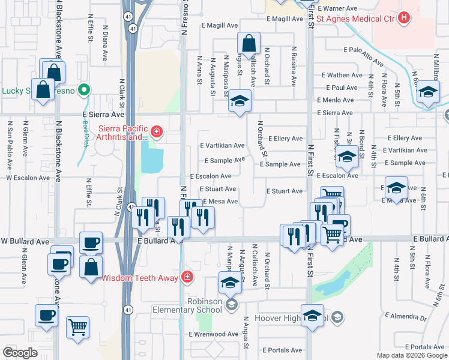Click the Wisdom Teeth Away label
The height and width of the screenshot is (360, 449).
click(x=139, y=278)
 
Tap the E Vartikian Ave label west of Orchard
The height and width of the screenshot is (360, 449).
click(x=222, y=145)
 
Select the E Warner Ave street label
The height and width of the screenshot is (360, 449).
click(x=338, y=9)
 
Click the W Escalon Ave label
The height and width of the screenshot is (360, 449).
click(x=26, y=178)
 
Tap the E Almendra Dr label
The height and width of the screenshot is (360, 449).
click(x=406, y=316)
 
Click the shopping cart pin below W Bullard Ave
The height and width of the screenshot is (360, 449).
click(x=78, y=328)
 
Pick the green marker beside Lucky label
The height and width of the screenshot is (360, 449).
click(x=85, y=91)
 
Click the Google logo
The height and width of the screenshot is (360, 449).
click(x=20, y=353)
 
